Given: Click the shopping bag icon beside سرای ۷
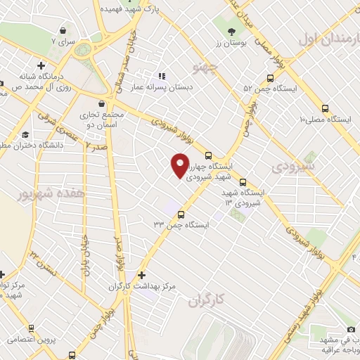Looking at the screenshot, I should (x=64, y=31).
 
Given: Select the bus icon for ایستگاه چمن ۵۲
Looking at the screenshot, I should (x=271, y=78).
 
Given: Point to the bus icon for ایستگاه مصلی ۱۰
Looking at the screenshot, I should (x=324, y=108).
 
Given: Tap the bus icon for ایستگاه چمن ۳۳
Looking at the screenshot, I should (x=181, y=215).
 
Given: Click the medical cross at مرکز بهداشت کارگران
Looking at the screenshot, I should (x=142, y=275).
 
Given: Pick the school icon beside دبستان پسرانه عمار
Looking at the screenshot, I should (x=161, y=76).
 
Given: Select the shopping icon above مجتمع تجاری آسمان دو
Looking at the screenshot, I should (x=102, y=104).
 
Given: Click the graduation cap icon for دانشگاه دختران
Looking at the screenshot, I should (x=26, y=134).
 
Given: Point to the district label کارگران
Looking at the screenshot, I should (x=205, y=300).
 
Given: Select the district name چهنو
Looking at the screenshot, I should (x=207, y=69).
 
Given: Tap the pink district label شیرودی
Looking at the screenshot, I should (x=290, y=167).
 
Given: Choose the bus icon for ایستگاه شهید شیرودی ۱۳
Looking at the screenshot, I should (x=243, y=181).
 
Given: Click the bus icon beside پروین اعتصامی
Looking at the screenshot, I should (x=31, y=328).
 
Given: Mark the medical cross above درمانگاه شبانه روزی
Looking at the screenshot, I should (x=41, y=65).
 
